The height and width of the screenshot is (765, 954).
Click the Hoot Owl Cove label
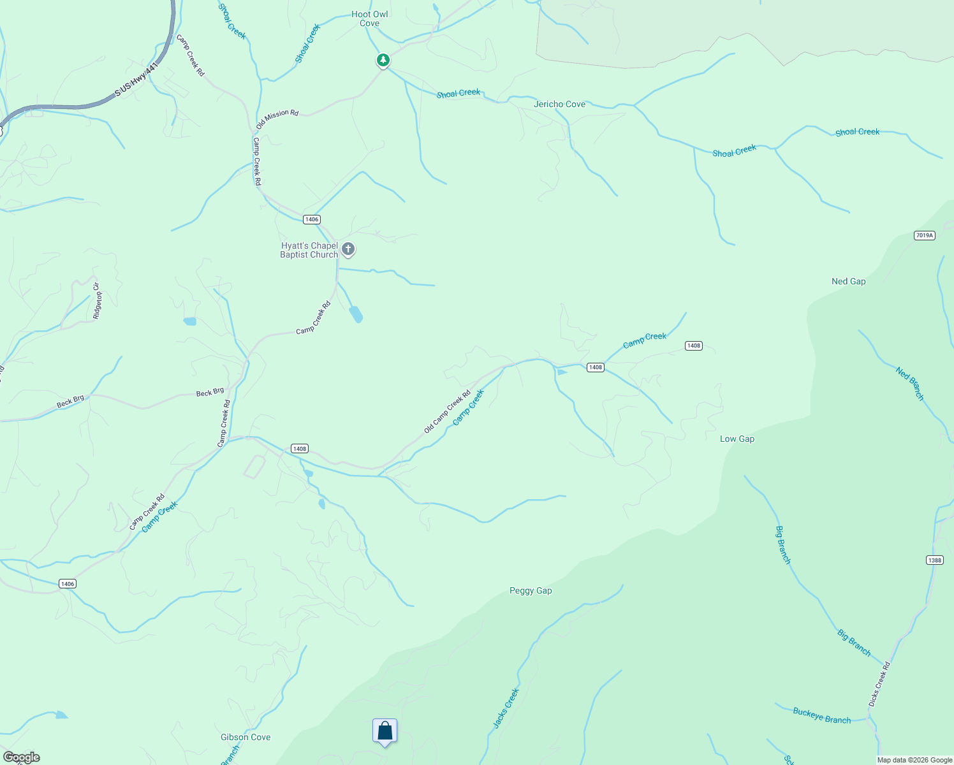click(x=369, y=18)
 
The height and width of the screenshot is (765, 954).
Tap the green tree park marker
click(x=383, y=60)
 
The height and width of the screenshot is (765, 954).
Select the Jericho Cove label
click(x=559, y=104)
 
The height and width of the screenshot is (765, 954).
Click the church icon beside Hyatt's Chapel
click(x=348, y=249)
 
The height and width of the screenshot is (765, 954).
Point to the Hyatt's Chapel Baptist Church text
click(x=309, y=250)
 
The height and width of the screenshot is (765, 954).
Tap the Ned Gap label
click(x=848, y=281)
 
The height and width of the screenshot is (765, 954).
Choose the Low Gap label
click(x=737, y=439)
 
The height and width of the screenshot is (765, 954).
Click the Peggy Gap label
click(x=531, y=590)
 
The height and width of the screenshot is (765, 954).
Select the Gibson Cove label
click(x=246, y=737)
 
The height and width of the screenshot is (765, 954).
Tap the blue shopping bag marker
click(x=385, y=731)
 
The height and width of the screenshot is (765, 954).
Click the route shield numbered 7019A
click(x=923, y=235)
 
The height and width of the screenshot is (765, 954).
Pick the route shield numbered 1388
click(x=934, y=560)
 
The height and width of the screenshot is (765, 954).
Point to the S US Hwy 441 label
click(x=136, y=80)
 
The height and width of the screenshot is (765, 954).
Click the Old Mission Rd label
click(x=277, y=119)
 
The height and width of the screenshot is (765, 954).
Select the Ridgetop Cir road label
click(x=97, y=300)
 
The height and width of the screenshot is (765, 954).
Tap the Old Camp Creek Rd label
click(x=447, y=412)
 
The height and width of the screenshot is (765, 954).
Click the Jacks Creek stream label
click(x=506, y=708)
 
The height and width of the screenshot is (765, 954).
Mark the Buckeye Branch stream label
click(x=821, y=715)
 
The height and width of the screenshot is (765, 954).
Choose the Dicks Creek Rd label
click(x=879, y=684)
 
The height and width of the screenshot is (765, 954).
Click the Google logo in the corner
click(x=22, y=757)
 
